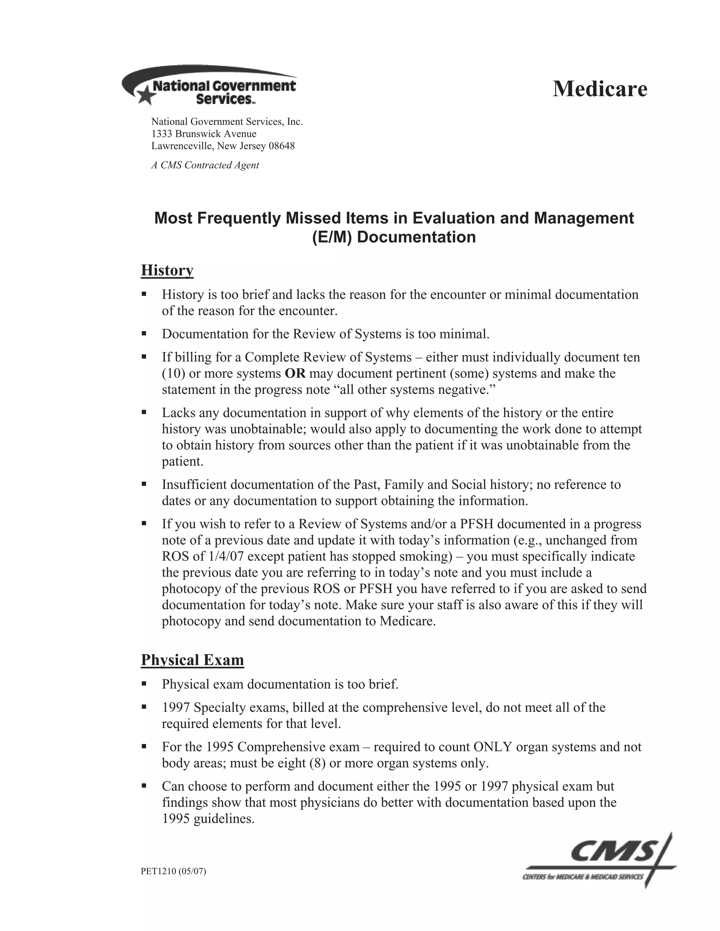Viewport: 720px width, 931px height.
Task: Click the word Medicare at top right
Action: coord(600,89)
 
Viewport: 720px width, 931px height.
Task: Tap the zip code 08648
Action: coord(281,146)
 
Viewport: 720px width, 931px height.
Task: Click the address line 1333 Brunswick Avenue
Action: coord(204,134)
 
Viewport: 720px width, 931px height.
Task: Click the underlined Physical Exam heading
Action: coord(192,660)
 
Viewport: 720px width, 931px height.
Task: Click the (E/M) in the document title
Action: coord(332,237)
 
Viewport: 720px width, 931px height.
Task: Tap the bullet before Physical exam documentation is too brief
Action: coord(144,684)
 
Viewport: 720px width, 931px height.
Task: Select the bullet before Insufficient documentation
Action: coord(144,484)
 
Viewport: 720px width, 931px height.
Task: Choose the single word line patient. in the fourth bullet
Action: coord(182,461)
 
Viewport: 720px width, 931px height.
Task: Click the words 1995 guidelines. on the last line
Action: coord(208,819)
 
